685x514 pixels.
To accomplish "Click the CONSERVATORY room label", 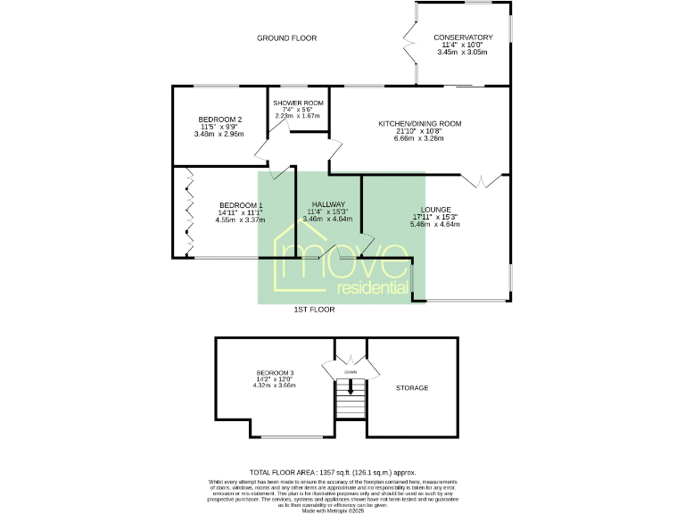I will (x=463, y=37).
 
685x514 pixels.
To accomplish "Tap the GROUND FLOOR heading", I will (x=286, y=38).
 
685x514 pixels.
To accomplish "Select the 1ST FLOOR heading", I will (x=314, y=310).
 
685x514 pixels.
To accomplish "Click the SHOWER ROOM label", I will (x=298, y=104).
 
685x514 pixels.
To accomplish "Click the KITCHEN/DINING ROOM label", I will (x=420, y=123).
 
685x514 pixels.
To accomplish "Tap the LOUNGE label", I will (x=434, y=210).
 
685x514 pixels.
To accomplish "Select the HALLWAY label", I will (x=327, y=204).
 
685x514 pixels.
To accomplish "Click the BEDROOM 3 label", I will (x=275, y=372).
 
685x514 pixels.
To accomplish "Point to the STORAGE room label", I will (x=413, y=388).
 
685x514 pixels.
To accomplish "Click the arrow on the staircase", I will (x=351, y=387).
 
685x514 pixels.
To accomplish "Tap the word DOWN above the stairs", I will (x=351, y=371).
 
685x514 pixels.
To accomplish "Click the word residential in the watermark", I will (x=373, y=287).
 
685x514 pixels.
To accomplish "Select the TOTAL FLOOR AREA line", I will (x=333, y=472).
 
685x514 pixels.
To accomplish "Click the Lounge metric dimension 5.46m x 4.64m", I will (x=434, y=224).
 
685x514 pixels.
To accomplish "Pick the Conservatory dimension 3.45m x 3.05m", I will (x=463, y=53).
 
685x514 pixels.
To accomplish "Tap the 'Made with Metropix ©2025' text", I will (x=333, y=510).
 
